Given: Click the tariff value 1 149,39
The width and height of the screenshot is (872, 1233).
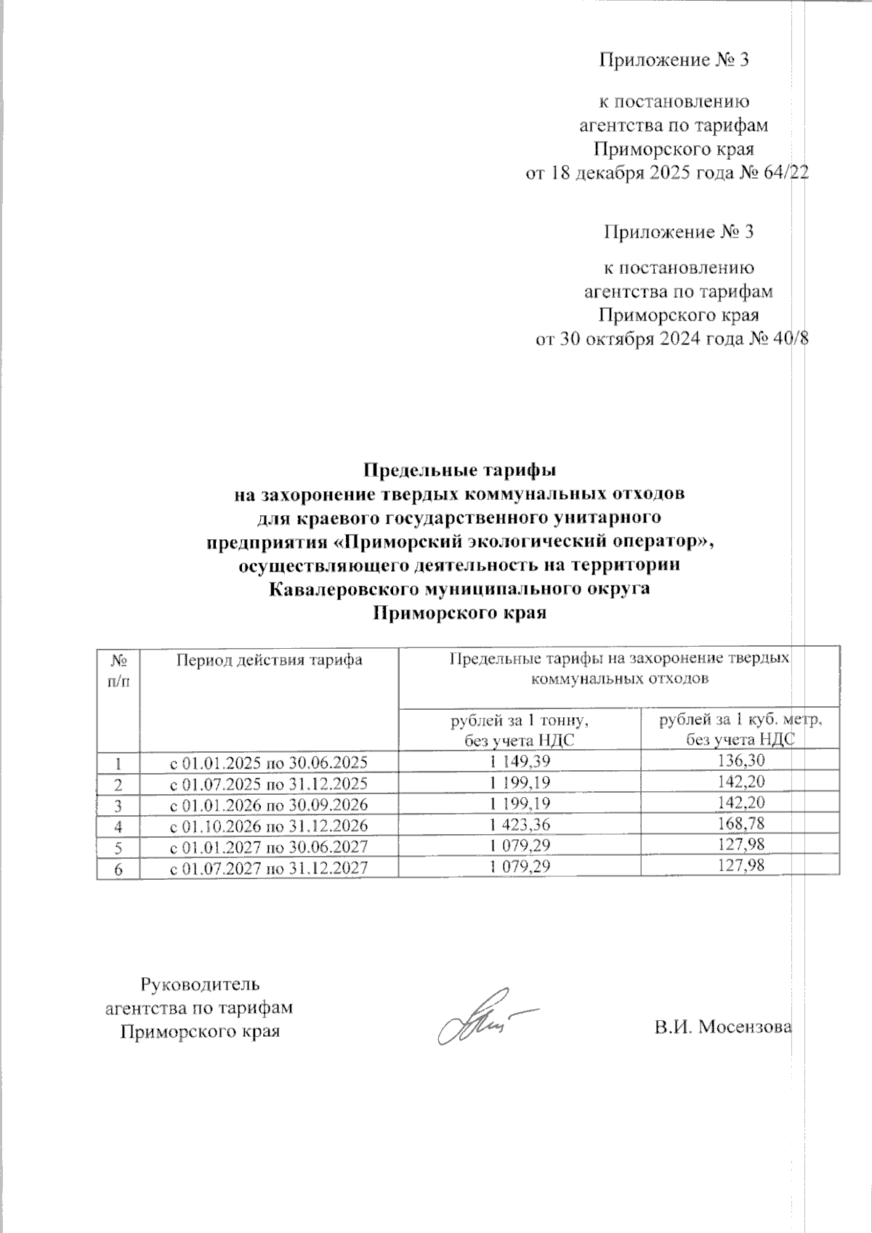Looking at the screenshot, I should tap(520, 761).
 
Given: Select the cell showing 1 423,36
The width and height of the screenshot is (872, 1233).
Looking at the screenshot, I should tap(520, 825).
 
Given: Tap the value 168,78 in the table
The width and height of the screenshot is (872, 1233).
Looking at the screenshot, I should tap(740, 825).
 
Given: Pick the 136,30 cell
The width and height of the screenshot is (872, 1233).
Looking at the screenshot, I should tap(740, 761).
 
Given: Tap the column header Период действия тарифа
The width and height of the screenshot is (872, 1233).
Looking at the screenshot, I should tap(269, 660).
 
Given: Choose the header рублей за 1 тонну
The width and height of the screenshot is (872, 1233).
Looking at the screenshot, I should tap(520, 721).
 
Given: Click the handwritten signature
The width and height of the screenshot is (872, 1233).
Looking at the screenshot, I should tap(480, 1017).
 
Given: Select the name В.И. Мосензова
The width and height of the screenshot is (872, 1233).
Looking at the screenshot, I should tap(722, 1027).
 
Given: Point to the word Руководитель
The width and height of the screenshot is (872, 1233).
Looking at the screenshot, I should tap(199, 985).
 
